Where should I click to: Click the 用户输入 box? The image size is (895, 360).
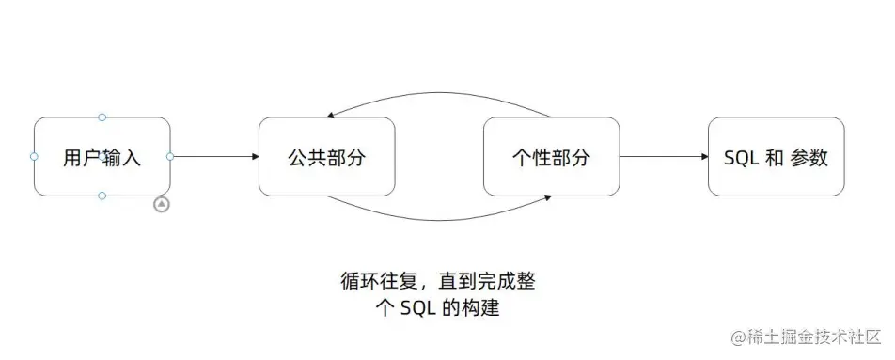102,157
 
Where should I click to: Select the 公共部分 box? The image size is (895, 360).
326,157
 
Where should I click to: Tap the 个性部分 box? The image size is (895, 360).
551,157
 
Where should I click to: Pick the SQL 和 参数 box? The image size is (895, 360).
776,157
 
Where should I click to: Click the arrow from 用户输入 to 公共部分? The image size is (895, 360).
214,157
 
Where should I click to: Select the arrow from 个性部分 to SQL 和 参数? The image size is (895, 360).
664,157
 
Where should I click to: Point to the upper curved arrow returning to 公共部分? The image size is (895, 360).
438,95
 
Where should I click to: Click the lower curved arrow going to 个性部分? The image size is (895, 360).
438,218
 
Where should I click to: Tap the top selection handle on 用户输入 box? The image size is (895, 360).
102,117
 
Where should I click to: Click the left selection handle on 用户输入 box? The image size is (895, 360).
34,157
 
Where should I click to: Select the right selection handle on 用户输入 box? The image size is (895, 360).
170,157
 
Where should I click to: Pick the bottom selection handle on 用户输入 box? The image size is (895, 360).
102,196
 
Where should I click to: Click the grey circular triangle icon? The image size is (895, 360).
162,204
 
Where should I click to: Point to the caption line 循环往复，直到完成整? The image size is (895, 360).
438,280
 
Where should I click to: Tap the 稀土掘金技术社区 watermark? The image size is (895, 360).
814,336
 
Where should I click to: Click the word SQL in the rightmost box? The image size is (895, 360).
742,158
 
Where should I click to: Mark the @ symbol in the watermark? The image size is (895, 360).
738,337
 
